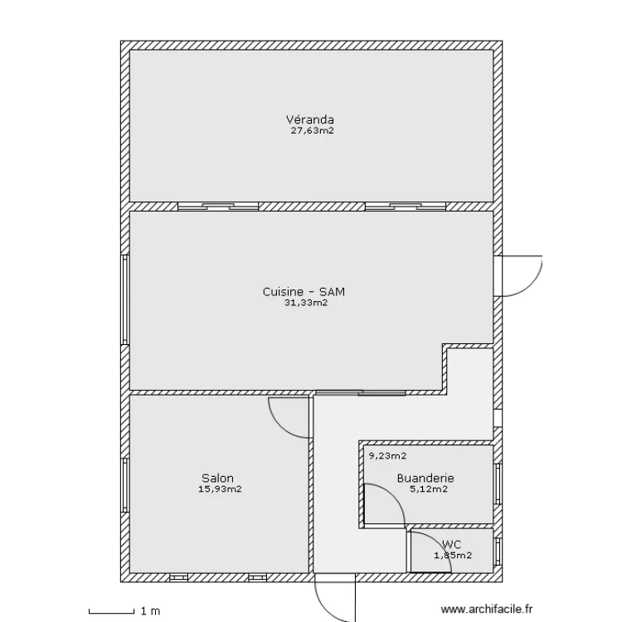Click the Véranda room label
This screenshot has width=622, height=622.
point(310,119)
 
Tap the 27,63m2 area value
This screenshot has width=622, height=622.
point(312,130)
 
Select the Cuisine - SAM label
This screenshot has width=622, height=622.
point(304,292)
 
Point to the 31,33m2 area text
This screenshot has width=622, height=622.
point(306,303)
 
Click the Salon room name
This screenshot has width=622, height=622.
point(217,478)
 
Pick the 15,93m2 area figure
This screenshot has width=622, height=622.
point(220,489)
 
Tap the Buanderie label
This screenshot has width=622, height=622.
point(425,478)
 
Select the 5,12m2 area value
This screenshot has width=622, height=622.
point(429,489)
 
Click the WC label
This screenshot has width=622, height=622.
point(451,544)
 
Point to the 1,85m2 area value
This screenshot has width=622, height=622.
point(453,555)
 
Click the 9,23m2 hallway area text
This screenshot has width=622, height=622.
point(387,456)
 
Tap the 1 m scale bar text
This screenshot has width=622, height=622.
point(150,611)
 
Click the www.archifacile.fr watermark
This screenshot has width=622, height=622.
point(487,609)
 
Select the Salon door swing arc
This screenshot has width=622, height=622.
point(280,426)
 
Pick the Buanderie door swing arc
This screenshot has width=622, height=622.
point(393,495)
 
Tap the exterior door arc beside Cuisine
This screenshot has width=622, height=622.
point(531,284)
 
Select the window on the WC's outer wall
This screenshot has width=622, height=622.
point(498,552)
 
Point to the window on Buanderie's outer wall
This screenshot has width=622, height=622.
point(498,484)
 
